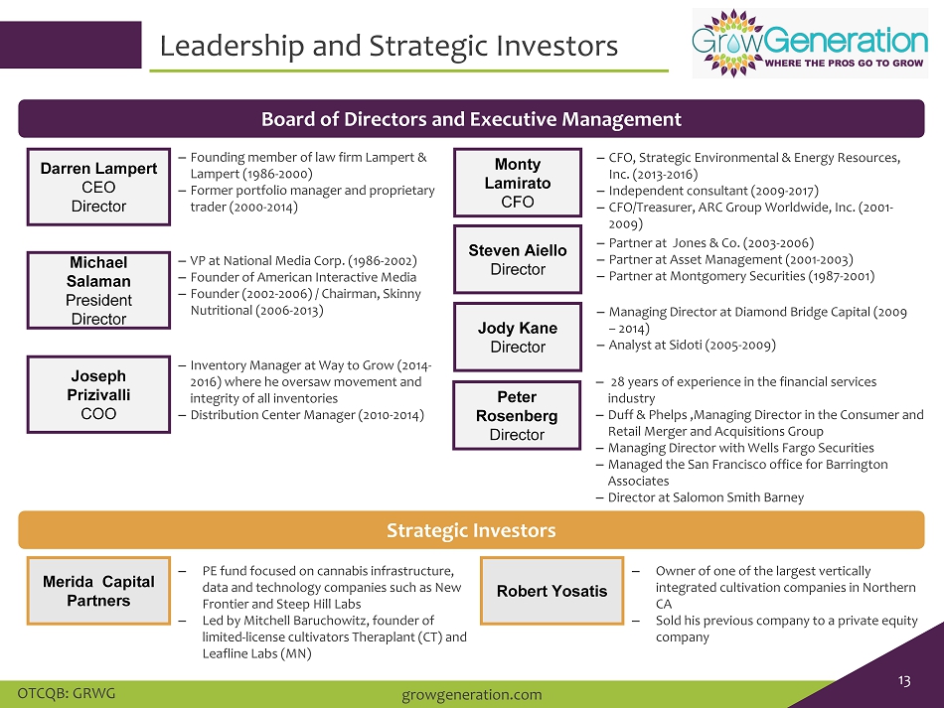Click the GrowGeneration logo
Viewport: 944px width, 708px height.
(810, 44)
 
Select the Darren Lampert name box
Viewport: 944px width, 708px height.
(98, 187)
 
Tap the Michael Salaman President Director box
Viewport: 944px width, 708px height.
(98, 291)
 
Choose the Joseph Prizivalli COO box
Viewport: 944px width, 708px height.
(98, 394)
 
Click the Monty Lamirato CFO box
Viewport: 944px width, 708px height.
(518, 183)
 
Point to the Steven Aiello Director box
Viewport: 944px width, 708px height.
(518, 259)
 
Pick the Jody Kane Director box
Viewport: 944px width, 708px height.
(518, 337)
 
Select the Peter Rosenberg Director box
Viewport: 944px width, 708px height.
(517, 415)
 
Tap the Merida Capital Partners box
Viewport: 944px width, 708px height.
(98, 591)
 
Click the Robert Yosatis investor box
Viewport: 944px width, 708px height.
(552, 591)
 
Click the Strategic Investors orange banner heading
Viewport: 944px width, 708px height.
(471, 530)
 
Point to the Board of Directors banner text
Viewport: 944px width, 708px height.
(471, 119)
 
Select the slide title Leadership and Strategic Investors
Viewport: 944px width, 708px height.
(389, 47)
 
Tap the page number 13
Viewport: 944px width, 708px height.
(904, 680)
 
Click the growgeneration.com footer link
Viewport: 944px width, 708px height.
(471, 695)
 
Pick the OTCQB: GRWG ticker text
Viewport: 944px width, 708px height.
(67, 693)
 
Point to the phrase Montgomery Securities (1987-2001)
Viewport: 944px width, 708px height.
(772, 276)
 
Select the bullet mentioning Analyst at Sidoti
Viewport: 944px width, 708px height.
(693, 346)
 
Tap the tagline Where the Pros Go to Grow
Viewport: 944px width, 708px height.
(844, 64)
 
